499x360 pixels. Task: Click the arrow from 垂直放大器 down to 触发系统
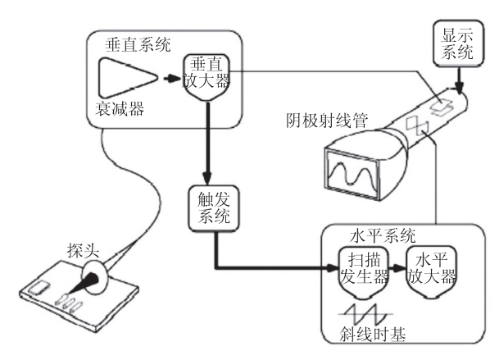[x=210, y=148]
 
